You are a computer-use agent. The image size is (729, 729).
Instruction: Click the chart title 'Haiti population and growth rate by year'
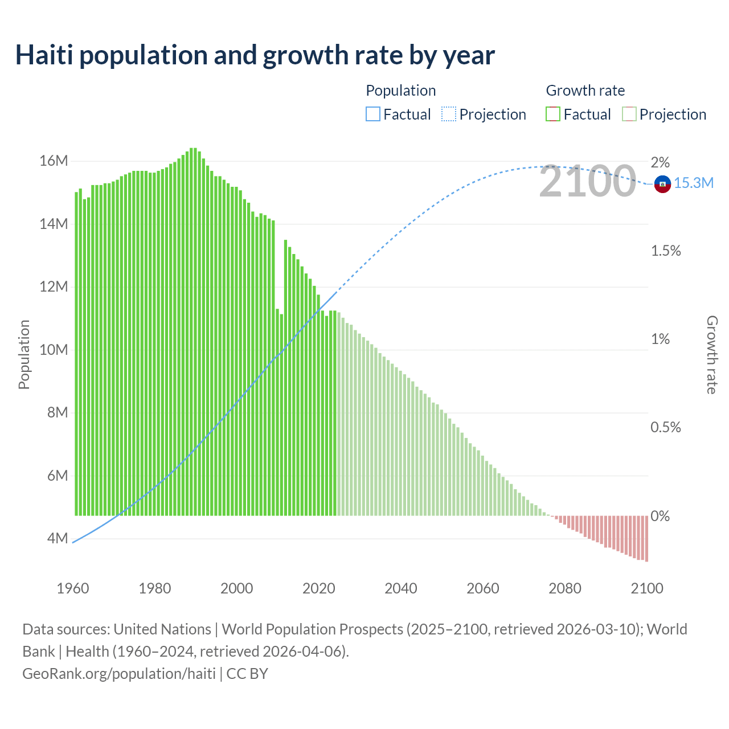click(x=255, y=55)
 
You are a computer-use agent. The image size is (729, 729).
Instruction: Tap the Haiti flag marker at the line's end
click(x=662, y=184)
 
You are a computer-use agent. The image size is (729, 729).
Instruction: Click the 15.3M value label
click(x=694, y=183)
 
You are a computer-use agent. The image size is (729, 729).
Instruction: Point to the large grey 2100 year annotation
click(x=587, y=182)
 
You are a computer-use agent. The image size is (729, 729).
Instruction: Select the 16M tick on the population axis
click(x=54, y=161)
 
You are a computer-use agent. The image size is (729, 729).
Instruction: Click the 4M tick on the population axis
click(x=57, y=538)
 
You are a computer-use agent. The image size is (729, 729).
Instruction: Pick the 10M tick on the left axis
click(x=54, y=350)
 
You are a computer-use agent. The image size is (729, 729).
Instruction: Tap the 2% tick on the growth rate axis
click(x=660, y=162)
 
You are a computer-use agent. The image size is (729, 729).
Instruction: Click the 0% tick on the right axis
click(x=660, y=516)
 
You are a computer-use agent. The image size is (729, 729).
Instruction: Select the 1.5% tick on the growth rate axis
click(x=666, y=251)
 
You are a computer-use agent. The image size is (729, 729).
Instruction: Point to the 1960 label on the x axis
click(x=73, y=588)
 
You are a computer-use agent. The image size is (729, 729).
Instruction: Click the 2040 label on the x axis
click(x=401, y=588)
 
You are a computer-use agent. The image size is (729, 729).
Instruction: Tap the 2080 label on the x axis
click(x=565, y=588)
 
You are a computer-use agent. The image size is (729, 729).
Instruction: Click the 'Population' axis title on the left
click(x=24, y=354)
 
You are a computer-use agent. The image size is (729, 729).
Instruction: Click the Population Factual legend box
click(x=373, y=114)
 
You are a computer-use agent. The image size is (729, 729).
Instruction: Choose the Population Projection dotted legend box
click(x=449, y=114)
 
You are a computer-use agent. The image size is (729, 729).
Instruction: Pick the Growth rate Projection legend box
click(x=629, y=114)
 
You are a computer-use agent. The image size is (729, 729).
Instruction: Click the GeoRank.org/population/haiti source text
click(x=118, y=673)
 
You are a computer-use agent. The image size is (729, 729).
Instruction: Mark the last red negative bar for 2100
click(x=646, y=538)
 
